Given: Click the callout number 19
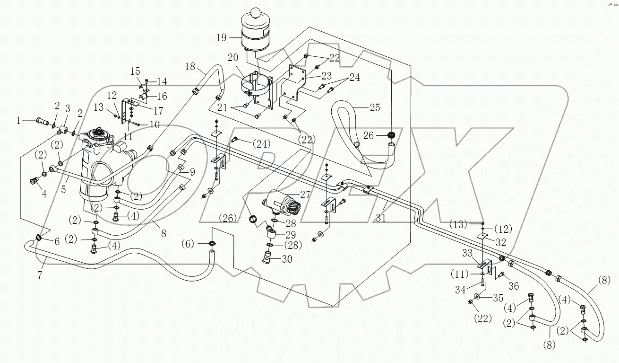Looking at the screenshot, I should click(x=221, y=37).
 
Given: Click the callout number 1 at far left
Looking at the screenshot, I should click(x=18, y=121).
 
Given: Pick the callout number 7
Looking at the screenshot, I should click(x=40, y=275).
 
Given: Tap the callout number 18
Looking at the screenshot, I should click(x=190, y=67).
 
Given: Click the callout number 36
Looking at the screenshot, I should click(x=513, y=285).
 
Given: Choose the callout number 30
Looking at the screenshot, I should click(x=287, y=259).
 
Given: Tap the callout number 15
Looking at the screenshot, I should click(x=135, y=71).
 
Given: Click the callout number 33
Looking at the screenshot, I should click(x=467, y=254).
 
